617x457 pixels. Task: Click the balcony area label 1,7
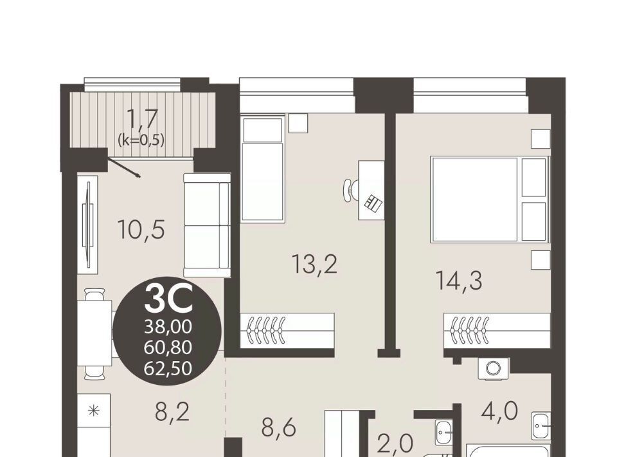(x=142, y=118)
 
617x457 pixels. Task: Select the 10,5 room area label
(x=141, y=230)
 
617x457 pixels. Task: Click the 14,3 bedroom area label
(x=459, y=281)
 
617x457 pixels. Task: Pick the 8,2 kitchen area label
(x=172, y=412)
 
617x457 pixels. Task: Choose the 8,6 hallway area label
(x=278, y=427)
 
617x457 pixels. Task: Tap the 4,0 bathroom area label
(x=499, y=411)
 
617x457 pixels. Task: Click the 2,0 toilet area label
(x=395, y=443)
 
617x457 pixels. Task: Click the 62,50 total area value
(x=168, y=368)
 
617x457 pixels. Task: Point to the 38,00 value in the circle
(x=168, y=326)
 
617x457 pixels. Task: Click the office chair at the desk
(x=351, y=190)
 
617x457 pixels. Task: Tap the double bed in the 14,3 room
(x=490, y=199)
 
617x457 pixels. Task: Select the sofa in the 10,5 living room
(x=207, y=225)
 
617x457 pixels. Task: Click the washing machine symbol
(x=493, y=368)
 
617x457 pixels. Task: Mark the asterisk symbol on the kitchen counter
(x=94, y=411)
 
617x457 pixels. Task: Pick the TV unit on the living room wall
(x=88, y=225)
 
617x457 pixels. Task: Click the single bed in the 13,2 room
(x=262, y=168)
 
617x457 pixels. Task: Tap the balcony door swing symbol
(x=123, y=167)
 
